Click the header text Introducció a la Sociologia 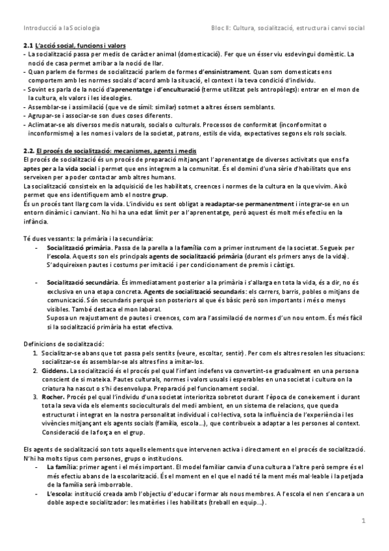61,29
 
